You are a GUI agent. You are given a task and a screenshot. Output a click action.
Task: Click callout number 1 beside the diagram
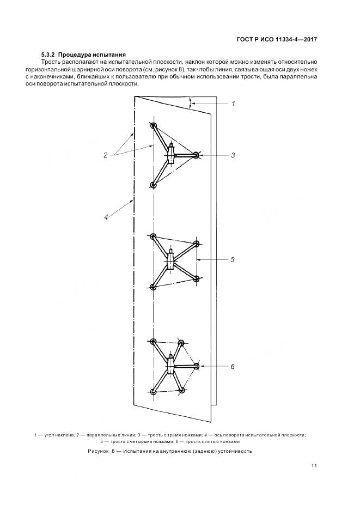pos(233,102)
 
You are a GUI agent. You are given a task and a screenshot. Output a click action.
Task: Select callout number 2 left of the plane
pos(106,155)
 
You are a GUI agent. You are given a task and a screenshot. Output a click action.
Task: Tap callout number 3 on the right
pos(233,155)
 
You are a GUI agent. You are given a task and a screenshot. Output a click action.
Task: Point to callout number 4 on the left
pos(106,217)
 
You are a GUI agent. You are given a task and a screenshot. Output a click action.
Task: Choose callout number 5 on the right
pos(232,260)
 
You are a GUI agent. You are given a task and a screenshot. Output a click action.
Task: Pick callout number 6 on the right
pos(232,367)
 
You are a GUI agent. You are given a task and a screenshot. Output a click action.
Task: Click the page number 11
pos(314,465)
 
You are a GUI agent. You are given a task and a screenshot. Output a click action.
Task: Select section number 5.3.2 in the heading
pos(48,55)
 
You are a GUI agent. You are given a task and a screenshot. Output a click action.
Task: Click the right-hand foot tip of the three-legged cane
pos(197,155)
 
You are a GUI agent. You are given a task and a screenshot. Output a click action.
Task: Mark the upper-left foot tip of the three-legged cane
pos(154,126)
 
